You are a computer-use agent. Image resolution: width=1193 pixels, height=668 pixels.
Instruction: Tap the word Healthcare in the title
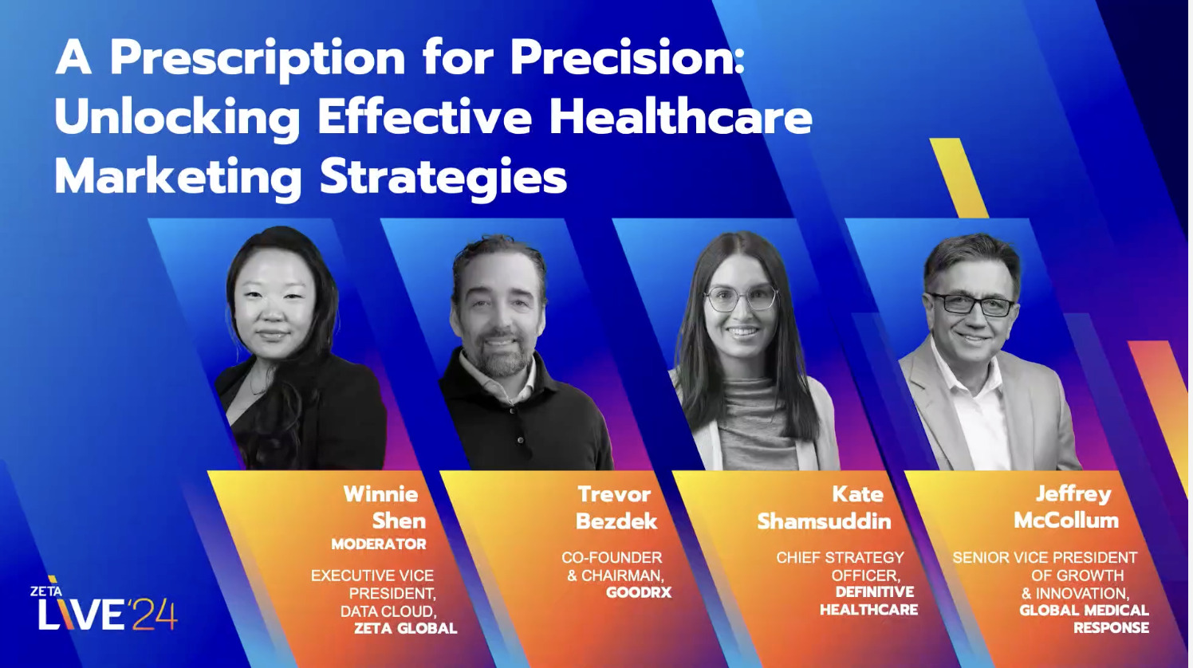(680, 117)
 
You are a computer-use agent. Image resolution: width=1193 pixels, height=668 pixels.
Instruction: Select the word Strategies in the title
(443, 177)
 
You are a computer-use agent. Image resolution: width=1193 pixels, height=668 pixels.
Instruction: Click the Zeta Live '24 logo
(104, 607)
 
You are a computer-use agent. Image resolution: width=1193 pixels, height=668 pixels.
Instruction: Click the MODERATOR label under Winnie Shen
(379, 544)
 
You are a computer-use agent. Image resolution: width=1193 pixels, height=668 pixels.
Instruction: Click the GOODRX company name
(639, 593)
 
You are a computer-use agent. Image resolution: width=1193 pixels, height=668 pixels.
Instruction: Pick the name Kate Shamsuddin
(825, 507)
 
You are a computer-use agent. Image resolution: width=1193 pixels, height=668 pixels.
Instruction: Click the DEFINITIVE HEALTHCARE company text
(869, 601)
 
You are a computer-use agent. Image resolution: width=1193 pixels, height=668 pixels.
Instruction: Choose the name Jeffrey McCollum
(1067, 507)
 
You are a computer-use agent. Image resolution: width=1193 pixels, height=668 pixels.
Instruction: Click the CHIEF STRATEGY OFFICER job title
(841, 566)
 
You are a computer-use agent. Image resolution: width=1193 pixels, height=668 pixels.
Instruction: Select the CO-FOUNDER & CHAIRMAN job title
(612, 566)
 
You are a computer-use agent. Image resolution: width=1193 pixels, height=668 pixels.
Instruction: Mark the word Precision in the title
(627, 59)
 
